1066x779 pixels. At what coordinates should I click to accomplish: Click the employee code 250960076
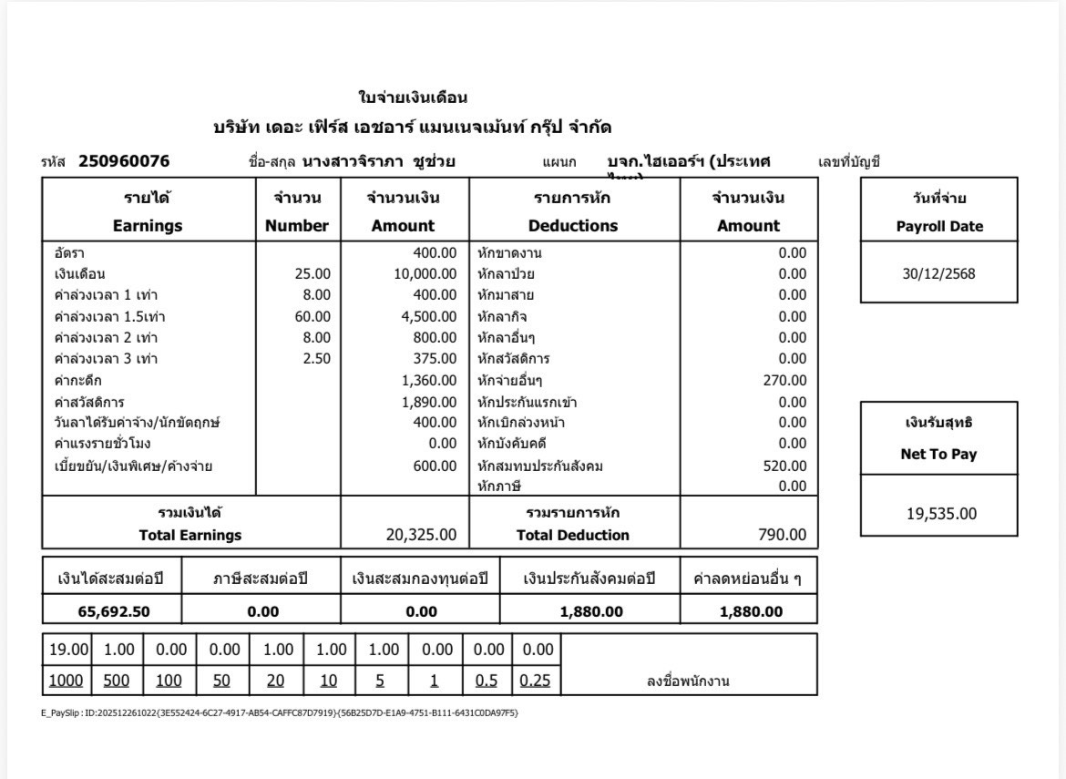point(124,162)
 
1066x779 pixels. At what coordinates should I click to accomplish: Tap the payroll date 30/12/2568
point(938,273)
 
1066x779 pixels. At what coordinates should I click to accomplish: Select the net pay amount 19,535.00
point(940,514)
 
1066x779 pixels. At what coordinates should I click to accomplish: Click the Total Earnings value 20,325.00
point(422,535)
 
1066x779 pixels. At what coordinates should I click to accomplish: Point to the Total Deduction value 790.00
point(782,535)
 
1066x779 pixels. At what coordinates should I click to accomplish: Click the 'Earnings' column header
point(148,226)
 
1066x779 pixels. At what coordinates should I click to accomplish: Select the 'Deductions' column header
point(573,226)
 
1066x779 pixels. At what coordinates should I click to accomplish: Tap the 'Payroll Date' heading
point(939,227)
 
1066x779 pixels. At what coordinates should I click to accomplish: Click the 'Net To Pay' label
point(938,455)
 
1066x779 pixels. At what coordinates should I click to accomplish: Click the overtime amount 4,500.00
point(429,316)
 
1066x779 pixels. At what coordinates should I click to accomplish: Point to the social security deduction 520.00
point(784,466)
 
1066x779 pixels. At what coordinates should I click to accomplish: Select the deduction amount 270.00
point(784,380)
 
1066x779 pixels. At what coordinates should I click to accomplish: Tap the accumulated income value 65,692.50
point(114,611)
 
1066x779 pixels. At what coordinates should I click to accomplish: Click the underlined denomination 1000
point(66,681)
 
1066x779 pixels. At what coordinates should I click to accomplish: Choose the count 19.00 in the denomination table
point(68,650)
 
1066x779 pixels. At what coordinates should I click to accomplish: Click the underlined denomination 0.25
point(535,681)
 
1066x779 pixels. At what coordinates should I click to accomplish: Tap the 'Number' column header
point(297,226)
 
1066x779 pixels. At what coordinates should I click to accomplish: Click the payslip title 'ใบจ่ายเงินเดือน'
point(413,97)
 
